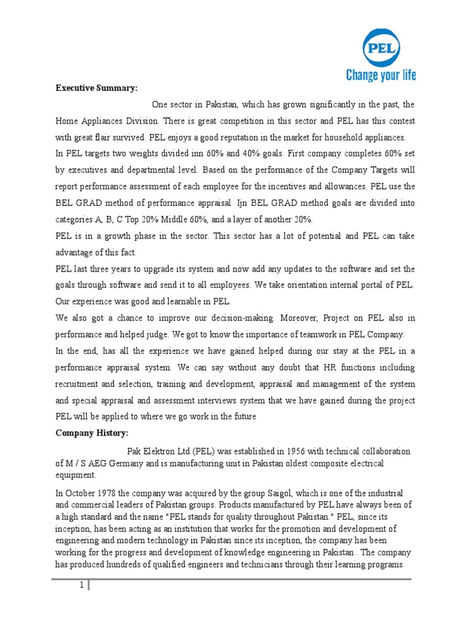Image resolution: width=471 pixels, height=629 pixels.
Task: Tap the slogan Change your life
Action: tap(381, 75)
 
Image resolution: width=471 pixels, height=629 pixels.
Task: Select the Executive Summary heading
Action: tap(96, 88)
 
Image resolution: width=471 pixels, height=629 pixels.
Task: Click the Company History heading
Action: tap(92, 433)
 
